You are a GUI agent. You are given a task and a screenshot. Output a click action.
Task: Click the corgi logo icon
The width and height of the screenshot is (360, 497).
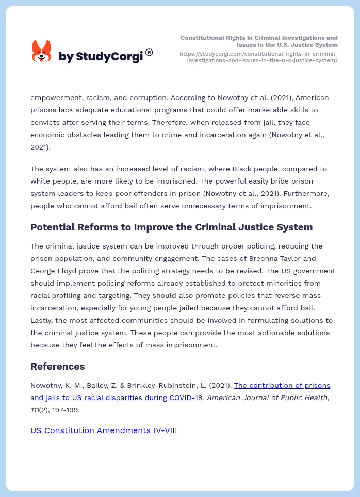(42, 52)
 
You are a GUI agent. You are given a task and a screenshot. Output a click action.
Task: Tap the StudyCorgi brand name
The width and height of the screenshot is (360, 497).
(101, 57)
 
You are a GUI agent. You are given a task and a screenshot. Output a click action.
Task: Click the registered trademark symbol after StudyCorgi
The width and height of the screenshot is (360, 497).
(149, 52)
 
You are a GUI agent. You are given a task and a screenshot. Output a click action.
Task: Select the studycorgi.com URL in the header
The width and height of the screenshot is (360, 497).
(258, 57)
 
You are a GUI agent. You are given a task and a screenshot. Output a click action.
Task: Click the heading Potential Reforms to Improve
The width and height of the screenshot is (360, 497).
(171, 227)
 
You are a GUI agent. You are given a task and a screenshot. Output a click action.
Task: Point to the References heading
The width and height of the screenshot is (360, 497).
(57, 367)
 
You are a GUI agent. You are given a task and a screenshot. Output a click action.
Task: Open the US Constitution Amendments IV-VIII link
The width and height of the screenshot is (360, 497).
(104, 430)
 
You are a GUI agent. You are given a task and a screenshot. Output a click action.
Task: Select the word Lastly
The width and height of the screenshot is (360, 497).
(42, 320)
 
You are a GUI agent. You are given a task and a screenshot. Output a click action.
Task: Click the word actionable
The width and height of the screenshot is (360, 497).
(275, 333)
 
